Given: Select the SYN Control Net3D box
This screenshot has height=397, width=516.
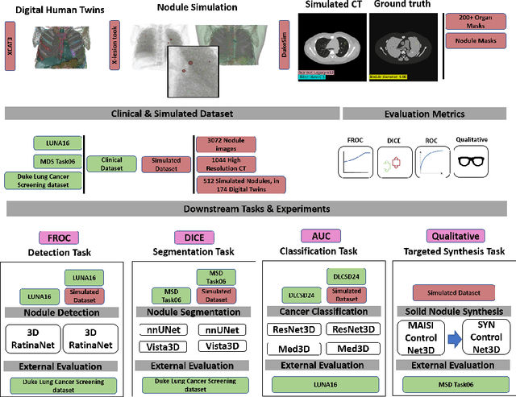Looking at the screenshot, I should [x=482, y=331].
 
